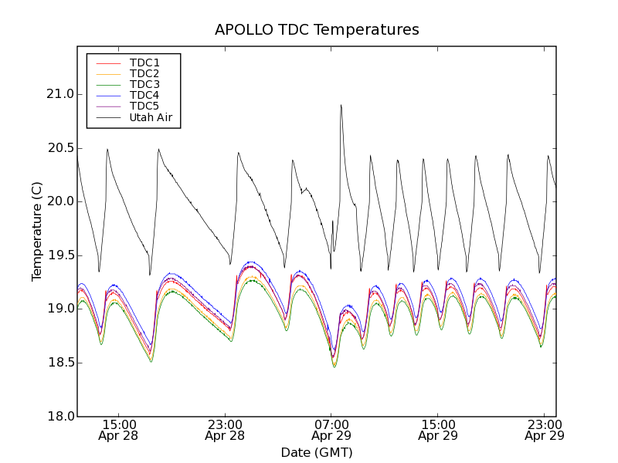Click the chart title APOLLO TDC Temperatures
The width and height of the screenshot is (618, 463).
(317, 30)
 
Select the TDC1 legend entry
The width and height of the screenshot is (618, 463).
(144, 63)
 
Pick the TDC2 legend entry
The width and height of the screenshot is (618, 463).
(144, 73)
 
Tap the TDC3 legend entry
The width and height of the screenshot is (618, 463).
(144, 84)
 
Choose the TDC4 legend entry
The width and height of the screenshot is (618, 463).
(144, 95)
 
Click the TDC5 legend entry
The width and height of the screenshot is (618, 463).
(144, 106)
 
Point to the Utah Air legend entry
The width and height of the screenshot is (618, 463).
(151, 117)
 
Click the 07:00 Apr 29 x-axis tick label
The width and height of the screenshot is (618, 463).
(331, 430)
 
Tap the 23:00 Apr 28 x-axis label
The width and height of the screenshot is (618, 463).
(224, 430)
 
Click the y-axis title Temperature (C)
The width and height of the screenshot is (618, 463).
(37, 231)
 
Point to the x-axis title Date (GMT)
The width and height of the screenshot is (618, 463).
(317, 452)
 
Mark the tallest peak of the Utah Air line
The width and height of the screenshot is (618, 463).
(341, 105)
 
